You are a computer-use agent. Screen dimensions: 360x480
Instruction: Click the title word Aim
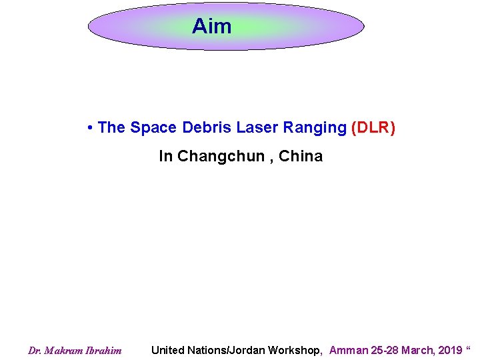coord(212,27)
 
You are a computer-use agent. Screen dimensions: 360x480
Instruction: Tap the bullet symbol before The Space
coord(89,128)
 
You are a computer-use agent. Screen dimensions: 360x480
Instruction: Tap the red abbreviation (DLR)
coord(373,127)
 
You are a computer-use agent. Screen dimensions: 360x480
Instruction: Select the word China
coord(301,156)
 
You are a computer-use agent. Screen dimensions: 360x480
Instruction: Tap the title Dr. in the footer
coord(35,351)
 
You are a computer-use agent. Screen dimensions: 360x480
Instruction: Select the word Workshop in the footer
coord(297,350)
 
